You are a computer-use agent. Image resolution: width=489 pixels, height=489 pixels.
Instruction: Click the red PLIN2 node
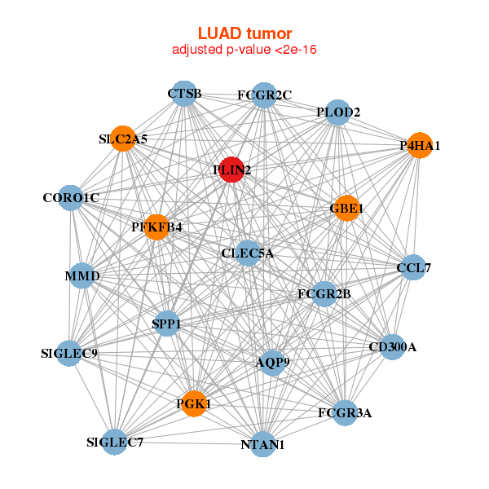click(231, 170)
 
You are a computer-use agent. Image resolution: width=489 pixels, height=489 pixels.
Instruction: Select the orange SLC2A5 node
click(122, 139)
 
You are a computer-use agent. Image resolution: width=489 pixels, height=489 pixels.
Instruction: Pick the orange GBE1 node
click(346, 208)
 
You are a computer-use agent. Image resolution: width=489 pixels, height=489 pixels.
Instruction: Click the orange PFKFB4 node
click(156, 227)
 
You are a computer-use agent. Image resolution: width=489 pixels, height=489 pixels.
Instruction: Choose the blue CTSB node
click(184, 94)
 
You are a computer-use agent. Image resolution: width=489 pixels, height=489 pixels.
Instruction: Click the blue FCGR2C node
click(263, 95)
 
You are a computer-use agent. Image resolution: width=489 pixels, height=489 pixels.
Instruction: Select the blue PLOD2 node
click(337, 112)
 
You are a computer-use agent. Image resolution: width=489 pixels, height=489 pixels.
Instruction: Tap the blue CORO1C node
click(71, 198)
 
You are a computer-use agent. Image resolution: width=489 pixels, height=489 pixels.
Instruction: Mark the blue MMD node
click(81, 276)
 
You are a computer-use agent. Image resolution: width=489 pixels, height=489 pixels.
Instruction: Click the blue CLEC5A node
click(248, 253)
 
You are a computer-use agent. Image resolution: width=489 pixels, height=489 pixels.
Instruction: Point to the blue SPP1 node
click(166, 324)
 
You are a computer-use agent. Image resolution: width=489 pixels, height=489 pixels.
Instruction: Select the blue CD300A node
click(392, 347)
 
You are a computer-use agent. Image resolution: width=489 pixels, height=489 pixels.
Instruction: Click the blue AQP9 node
click(272, 362)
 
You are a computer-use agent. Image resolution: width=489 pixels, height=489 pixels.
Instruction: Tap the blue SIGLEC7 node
click(115, 443)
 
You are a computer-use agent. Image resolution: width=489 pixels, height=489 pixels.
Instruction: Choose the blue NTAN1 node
click(262, 445)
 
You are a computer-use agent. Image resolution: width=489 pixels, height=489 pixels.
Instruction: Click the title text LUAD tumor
click(244, 33)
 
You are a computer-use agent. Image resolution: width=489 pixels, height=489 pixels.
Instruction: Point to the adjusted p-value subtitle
click(244, 51)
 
